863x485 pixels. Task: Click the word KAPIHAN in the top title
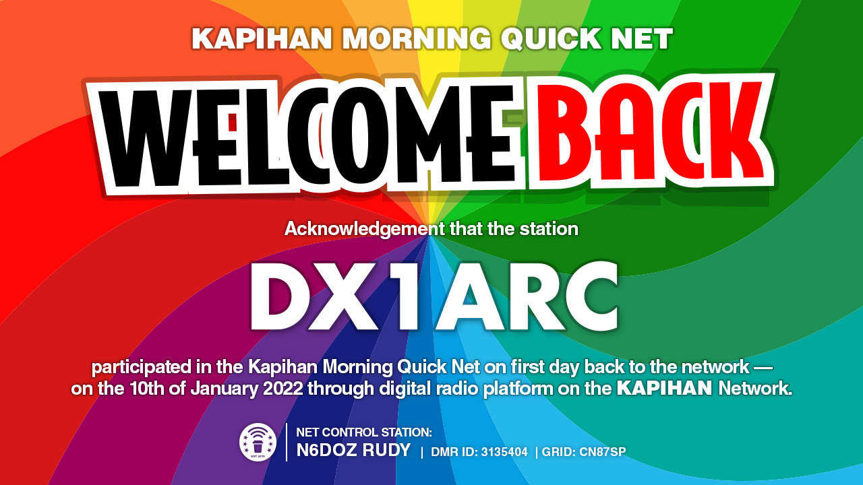click(x=262, y=38)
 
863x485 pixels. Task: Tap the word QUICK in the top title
click(x=552, y=38)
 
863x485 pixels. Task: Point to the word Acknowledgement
click(x=365, y=229)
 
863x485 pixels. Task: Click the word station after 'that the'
click(x=549, y=228)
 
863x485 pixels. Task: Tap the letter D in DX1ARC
click(x=279, y=296)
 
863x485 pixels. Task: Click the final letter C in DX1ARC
click(x=589, y=296)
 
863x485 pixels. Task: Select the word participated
click(x=141, y=368)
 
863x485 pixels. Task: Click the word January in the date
click(x=224, y=389)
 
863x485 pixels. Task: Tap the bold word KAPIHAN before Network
click(x=665, y=389)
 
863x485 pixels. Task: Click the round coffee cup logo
click(x=258, y=442)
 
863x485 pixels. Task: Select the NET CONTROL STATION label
click(x=364, y=432)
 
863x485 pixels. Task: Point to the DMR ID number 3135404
click(x=504, y=452)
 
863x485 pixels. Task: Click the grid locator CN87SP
click(x=603, y=452)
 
